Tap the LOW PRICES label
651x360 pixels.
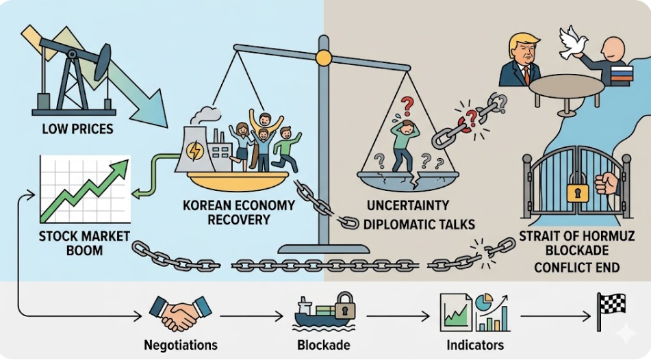click(x=77, y=128)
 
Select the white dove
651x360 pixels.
click(x=574, y=42)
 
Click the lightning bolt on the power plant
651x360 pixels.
click(x=195, y=151)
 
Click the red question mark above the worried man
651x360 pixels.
click(x=408, y=106)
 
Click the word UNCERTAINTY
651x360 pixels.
click(x=408, y=205)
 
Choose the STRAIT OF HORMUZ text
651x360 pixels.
click(x=573, y=235)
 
